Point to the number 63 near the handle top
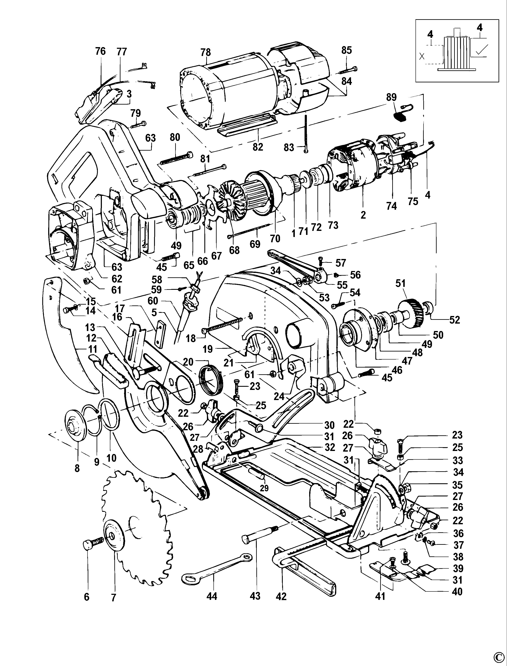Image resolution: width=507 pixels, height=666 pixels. coord(150,138)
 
